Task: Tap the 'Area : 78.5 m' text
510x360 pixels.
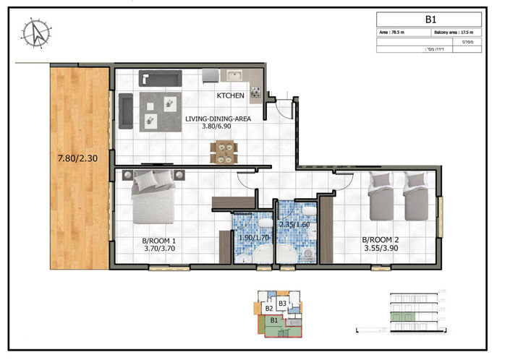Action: pyautogui.click(x=394, y=33)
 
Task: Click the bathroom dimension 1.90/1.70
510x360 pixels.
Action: pyautogui.click(x=253, y=236)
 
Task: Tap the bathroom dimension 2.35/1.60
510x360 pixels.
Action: pyautogui.click(x=294, y=225)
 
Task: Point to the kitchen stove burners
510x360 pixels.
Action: pyautogui.click(x=255, y=93)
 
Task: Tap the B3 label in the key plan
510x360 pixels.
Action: pyautogui.click(x=284, y=303)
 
